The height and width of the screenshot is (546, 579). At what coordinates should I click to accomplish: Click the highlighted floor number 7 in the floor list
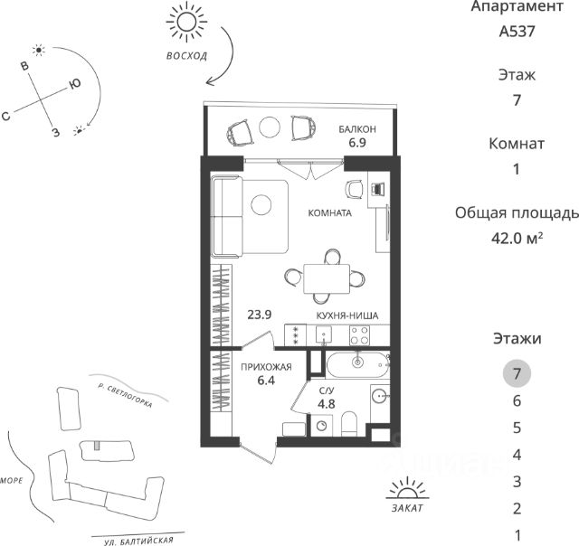(517, 372)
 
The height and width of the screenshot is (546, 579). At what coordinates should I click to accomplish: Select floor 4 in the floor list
(517, 454)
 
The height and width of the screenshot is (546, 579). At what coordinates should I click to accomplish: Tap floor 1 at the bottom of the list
(517, 534)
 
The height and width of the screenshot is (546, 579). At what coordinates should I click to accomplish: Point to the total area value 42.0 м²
(517, 238)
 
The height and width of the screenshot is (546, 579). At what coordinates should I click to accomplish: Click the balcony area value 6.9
(357, 143)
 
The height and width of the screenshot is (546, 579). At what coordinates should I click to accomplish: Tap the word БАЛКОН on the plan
(357, 129)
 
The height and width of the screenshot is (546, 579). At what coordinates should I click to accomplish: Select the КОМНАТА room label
(329, 214)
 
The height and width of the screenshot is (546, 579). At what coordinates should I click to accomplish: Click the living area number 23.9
(260, 315)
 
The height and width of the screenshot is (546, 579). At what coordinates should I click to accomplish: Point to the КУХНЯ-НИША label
(346, 315)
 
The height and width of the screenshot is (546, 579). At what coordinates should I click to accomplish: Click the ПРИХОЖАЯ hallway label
(265, 367)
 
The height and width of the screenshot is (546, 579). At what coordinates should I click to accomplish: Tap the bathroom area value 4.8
(327, 403)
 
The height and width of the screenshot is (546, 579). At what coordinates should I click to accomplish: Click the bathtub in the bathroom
(357, 364)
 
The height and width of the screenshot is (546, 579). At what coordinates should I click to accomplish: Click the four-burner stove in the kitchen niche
(357, 334)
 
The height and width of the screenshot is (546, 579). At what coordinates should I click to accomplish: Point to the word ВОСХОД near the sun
(186, 55)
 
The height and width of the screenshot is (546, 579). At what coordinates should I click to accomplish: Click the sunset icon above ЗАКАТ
(404, 491)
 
